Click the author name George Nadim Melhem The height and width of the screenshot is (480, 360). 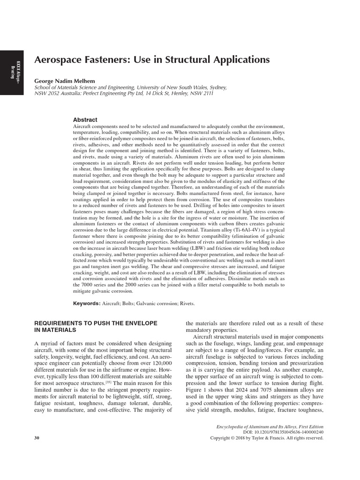coord(64,81)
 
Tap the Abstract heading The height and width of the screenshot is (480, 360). coord(85,120)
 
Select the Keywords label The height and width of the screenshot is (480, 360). coord(86,303)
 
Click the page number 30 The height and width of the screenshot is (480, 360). coord(37,438)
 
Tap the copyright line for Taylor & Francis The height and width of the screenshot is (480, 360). coord(267,438)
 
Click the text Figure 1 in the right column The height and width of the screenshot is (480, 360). coord(196,390)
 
